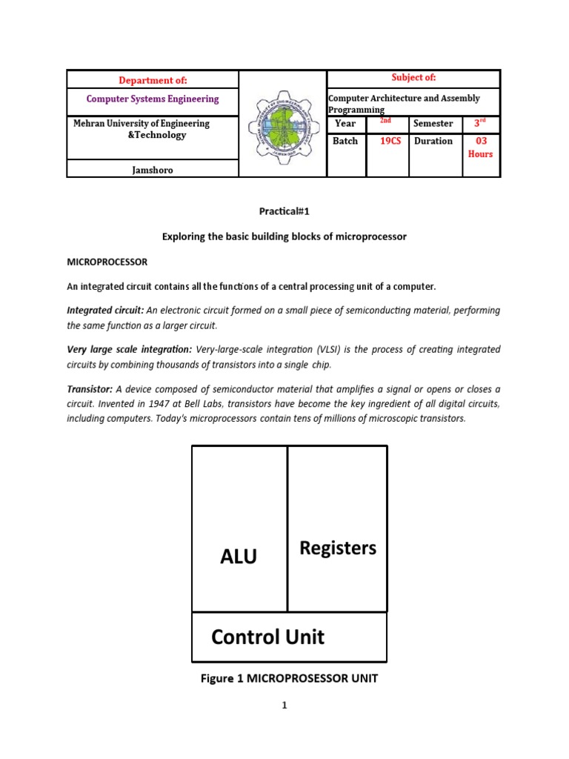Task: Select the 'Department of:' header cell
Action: [x=153, y=79]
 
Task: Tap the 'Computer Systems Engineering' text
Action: [x=153, y=99]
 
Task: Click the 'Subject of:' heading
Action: [x=413, y=78]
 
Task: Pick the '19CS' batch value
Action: [x=390, y=141]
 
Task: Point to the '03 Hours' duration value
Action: [x=481, y=147]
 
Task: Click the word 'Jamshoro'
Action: [x=153, y=170]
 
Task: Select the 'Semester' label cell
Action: [x=434, y=124]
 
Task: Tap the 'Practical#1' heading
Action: [x=284, y=211]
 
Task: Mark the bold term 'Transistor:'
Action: [x=90, y=389]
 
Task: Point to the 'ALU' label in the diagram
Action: [x=239, y=557]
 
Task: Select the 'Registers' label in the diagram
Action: [x=337, y=548]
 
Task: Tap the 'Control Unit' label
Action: [x=267, y=637]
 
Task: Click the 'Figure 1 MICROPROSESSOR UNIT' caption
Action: [x=289, y=678]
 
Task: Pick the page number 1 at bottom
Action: [x=284, y=706]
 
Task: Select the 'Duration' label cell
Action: [x=434, y=141]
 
